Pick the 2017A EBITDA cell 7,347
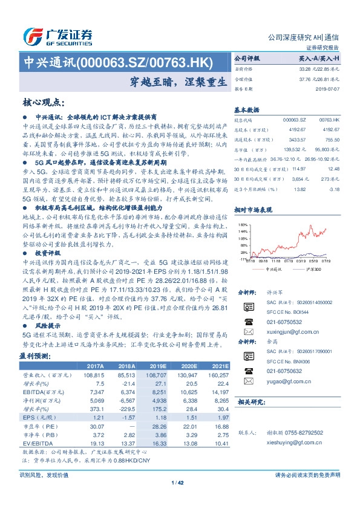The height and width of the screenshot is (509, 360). point(96,392)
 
